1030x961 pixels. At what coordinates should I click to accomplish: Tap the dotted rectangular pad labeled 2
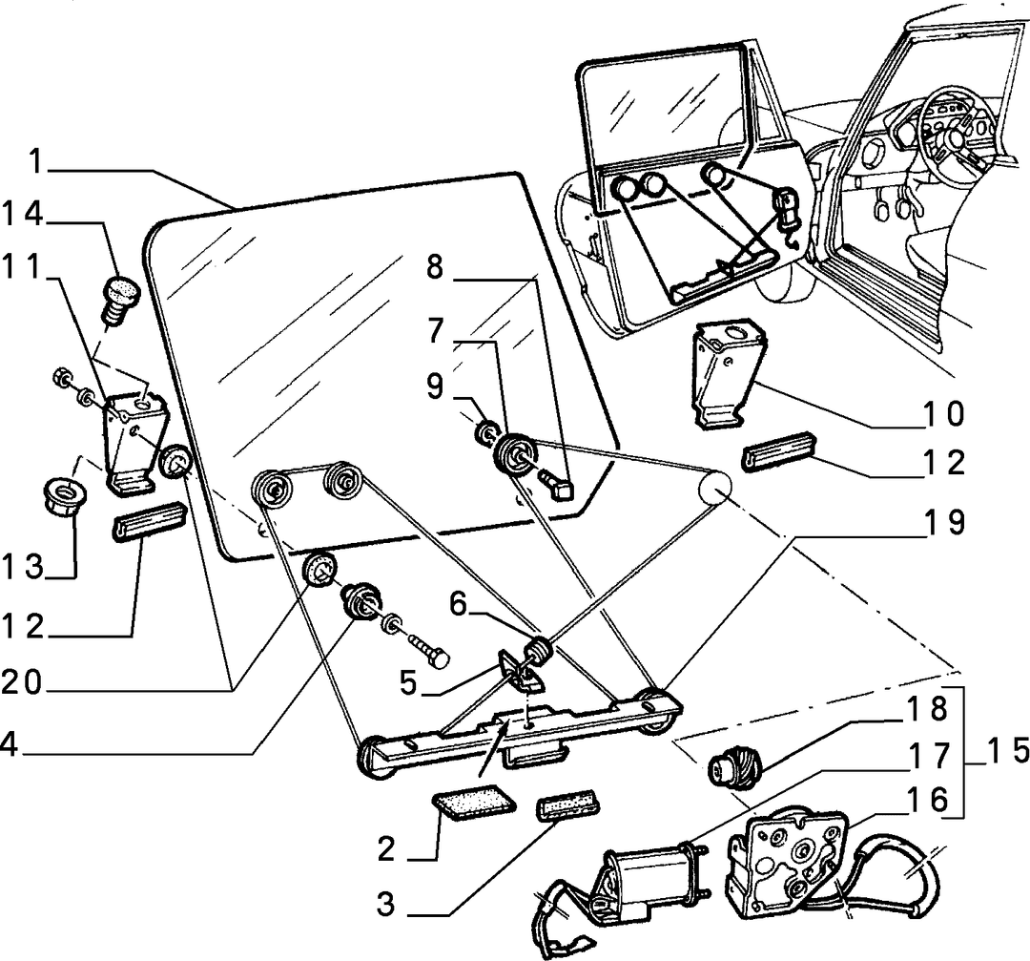(x=474, y=801)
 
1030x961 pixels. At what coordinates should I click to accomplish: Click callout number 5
(x=408, y=683)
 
